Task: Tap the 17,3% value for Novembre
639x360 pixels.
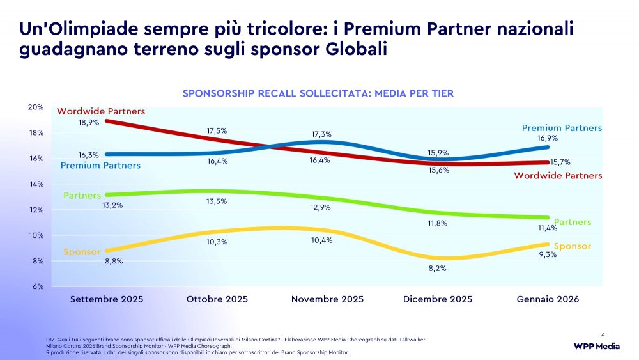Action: (321, 134)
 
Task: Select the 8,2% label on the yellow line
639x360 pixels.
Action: (437, 269)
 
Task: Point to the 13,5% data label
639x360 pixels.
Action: (217, 201)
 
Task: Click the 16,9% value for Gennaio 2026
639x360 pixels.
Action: (548, 138)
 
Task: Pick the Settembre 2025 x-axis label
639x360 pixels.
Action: (107, 299)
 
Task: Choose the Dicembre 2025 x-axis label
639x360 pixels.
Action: (438, 299)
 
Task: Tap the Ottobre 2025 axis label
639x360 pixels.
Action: (217, 299)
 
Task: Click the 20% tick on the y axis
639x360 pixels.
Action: (36, 107)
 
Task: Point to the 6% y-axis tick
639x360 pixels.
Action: (38, 286)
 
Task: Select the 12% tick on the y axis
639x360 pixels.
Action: (36, 210)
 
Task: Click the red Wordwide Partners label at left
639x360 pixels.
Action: (101, 111)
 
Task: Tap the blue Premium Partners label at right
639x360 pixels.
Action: (562, 128)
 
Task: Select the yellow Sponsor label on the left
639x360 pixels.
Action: (82, 252)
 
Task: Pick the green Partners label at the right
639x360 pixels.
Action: (573, 223)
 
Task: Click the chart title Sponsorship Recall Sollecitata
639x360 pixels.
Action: (318, 93)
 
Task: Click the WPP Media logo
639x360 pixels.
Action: (596, 347)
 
